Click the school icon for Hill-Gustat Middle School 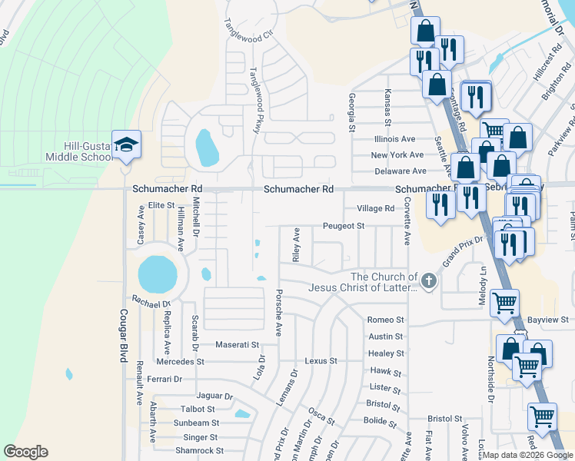125,144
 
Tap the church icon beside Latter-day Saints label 429,281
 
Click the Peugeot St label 343,227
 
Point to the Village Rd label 375,208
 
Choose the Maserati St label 238,344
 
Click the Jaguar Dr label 214,396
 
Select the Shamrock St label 198,450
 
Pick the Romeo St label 385,320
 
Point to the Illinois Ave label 394,139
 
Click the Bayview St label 548,319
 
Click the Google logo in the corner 25,452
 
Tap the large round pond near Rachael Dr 157,274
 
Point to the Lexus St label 321,360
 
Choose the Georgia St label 351,111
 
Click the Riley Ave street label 296,245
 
